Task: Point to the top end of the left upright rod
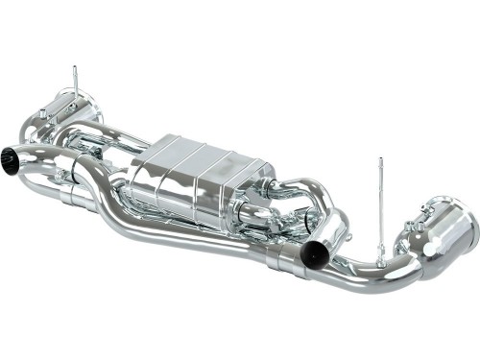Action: pyautogui.click(x=75, y=68)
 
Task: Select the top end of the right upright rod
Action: pyautogui.click(x=380, y=160)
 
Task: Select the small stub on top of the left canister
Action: pyautogui.click(x=69, y=96)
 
